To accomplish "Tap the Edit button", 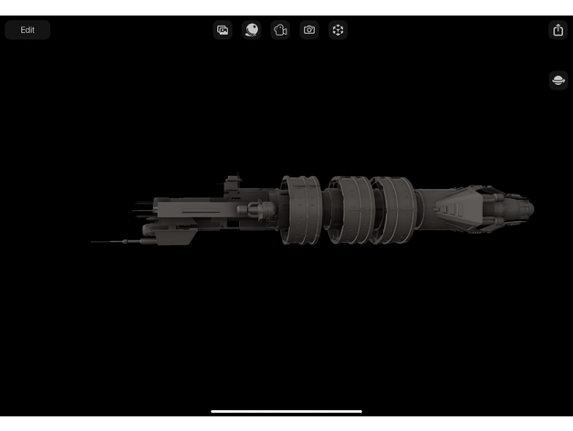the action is click(27, 30).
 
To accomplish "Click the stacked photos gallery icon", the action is click(223, 30).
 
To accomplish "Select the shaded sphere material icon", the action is click(252, 30).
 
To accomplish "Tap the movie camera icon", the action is click(280, 30).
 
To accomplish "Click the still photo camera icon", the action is click(309, 30).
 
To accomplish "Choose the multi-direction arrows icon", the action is click(338, 30).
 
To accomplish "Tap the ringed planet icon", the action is click(558, 80).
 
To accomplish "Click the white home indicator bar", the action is click(286, 411).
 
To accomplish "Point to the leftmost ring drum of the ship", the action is click(301, 210).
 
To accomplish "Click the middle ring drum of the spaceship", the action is click(349, 210).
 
